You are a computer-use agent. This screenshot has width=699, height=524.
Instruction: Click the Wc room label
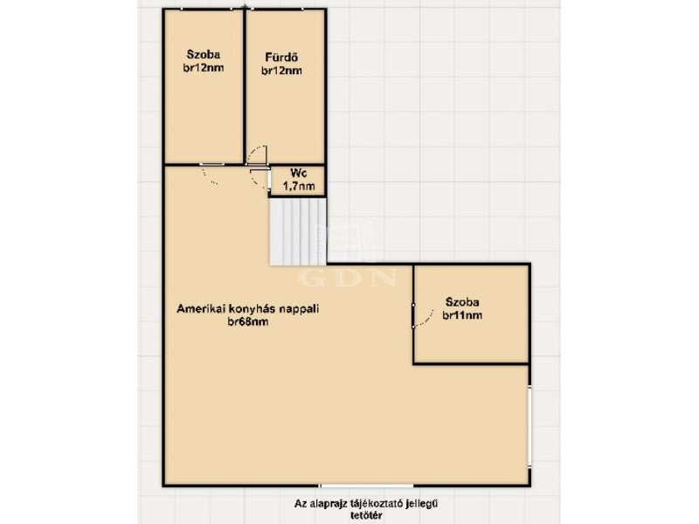(298, 173)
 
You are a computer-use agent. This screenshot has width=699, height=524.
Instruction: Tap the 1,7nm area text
(299, 186)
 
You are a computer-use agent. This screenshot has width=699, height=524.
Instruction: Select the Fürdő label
(281, 58)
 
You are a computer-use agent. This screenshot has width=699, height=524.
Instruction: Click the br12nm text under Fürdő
(281, 71)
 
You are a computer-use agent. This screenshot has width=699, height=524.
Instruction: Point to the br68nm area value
(248, 321)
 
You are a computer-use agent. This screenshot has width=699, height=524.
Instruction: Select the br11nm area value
(462, 315)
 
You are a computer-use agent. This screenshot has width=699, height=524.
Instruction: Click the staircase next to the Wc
(298, 231)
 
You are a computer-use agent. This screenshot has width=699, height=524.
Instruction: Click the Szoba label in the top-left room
(204, 55)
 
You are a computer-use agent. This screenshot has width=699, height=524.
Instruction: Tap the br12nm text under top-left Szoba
(204, 68)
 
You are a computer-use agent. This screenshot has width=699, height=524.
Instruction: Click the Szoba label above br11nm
(462, 302)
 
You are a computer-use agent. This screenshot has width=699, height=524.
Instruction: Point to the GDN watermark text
(347, 278)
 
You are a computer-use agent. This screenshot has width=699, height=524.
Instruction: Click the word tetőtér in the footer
(366, 515)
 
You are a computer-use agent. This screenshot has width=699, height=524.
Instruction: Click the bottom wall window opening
(366, 485)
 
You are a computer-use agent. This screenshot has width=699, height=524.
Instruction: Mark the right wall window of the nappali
(529, 427)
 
